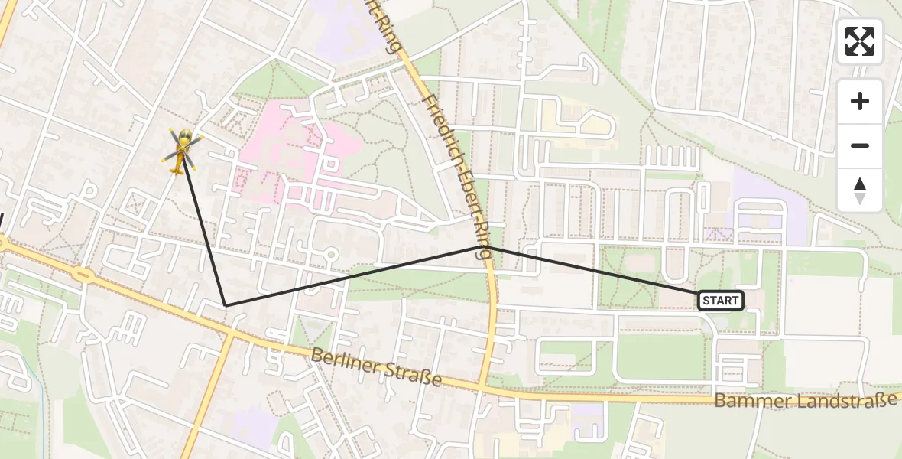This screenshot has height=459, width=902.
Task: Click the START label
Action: click(x=720, y=301)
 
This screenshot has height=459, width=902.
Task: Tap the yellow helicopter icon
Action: click(x=182, y=148)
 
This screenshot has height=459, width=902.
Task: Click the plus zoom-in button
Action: click(x=860, y=101)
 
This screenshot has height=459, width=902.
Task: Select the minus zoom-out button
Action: click(x=860, y=145)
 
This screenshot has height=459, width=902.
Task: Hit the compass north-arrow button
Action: click(x=860, y=190)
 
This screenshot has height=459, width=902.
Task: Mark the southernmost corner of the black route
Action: click(x=226, y=305)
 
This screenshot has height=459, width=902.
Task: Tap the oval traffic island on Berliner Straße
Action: click(x=83, y=273)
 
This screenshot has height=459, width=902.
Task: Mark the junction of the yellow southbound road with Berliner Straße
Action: click(x=229, y=335)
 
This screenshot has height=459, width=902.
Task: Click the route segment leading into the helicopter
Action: click(x=203, y=229)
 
